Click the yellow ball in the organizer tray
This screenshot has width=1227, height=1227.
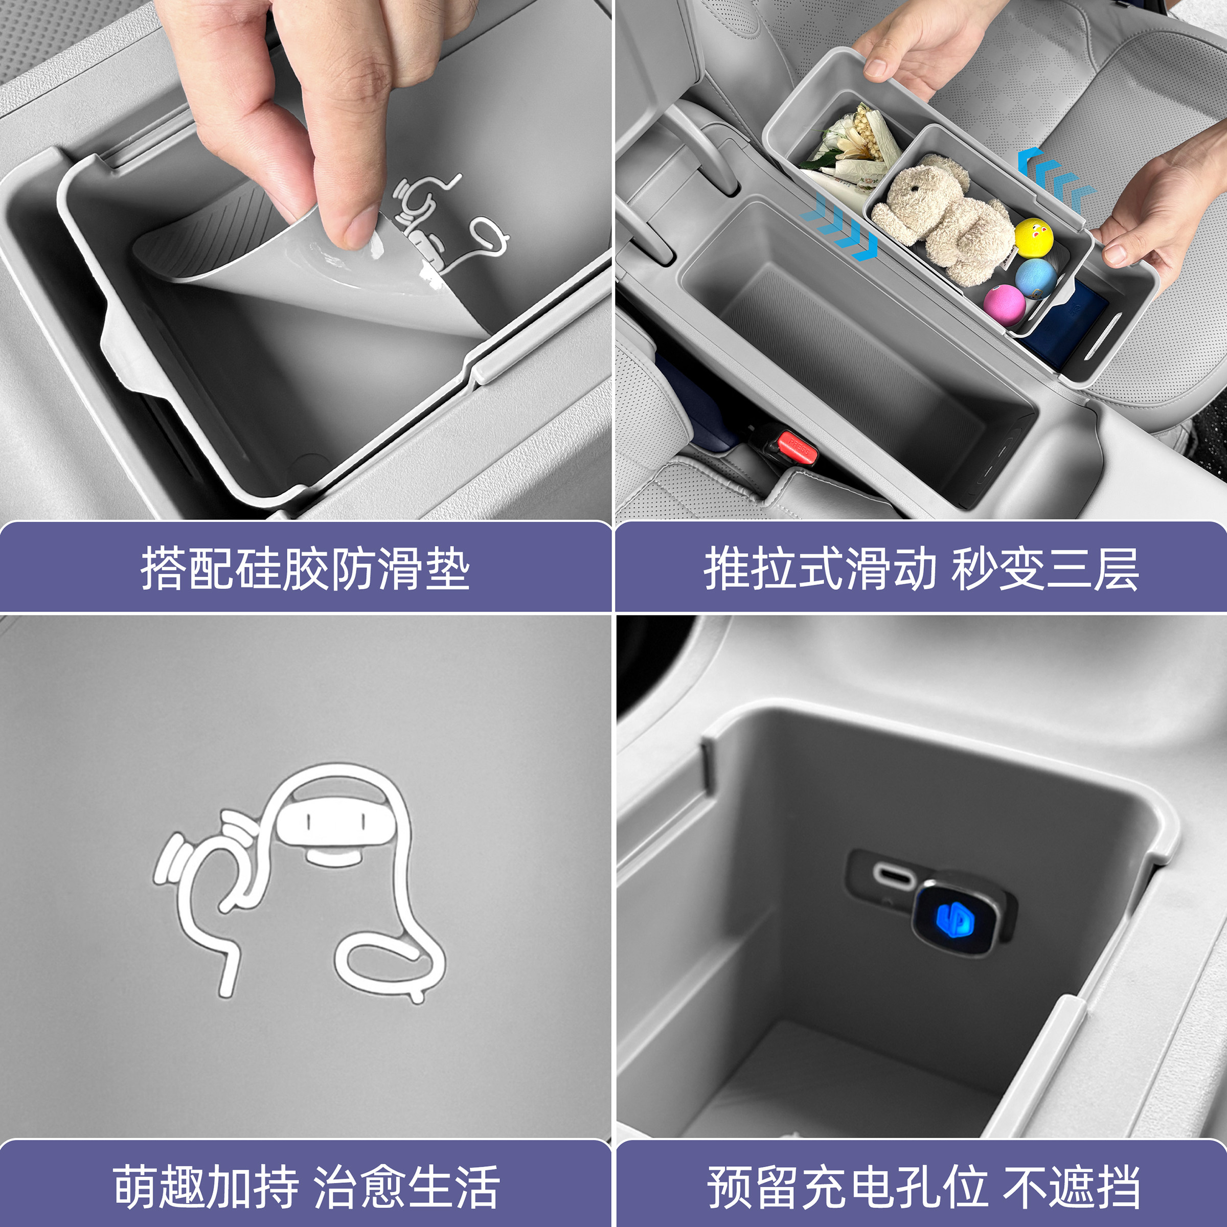1033,238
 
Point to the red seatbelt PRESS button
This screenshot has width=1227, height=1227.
798,446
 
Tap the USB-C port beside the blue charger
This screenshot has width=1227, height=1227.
895,876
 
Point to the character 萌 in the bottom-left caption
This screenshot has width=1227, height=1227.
136,1186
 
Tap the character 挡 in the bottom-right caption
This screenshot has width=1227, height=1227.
1116,1186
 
